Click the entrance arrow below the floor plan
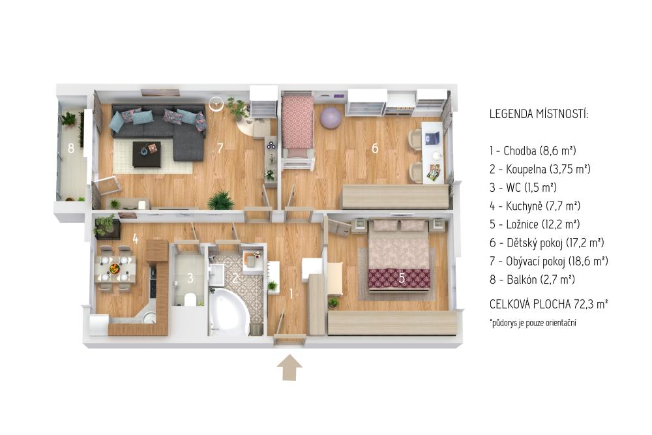(289, 367)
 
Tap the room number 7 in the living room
(220, 148)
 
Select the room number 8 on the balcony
(71, 147)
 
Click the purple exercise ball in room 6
(331, 117)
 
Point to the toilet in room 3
(190, 299)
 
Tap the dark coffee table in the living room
(147, 154)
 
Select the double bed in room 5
(399, 257)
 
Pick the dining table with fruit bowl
(115, 269)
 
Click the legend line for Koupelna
(540, 169)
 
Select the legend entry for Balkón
(532, 279)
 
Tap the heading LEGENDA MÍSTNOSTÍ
(539, 113)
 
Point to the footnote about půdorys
(533, 323)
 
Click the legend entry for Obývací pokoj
(548, 261)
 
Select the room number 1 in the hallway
(291, 294)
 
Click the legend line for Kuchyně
(535, 205)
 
